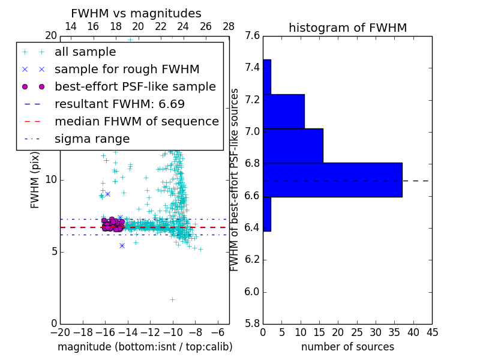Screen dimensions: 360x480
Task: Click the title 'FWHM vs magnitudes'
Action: pos(136,14)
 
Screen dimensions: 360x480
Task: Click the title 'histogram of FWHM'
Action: pos(347,28)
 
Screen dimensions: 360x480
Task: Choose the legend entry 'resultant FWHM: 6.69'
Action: pos(119,104)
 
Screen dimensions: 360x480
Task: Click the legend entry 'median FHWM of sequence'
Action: pos(136,122)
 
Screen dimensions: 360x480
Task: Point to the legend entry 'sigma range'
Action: pos(92,139)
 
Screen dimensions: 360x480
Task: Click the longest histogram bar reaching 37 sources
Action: pos(332,179)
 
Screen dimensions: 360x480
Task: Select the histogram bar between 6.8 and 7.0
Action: pos(293,145)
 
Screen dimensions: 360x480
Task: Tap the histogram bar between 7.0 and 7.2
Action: pos(284,111)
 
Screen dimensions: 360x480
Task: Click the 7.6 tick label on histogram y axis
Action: pos(253,36)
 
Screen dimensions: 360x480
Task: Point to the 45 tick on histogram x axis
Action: pos(431,331)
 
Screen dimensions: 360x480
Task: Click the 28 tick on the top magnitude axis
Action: pos(229,26)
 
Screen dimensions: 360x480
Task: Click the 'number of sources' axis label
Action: pos(347,347)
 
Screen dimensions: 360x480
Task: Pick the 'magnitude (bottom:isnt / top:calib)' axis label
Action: pos(145,347)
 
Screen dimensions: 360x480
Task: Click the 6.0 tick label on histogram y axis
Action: pos(253,292)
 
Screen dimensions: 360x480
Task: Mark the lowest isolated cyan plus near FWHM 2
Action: pos(172,299)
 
